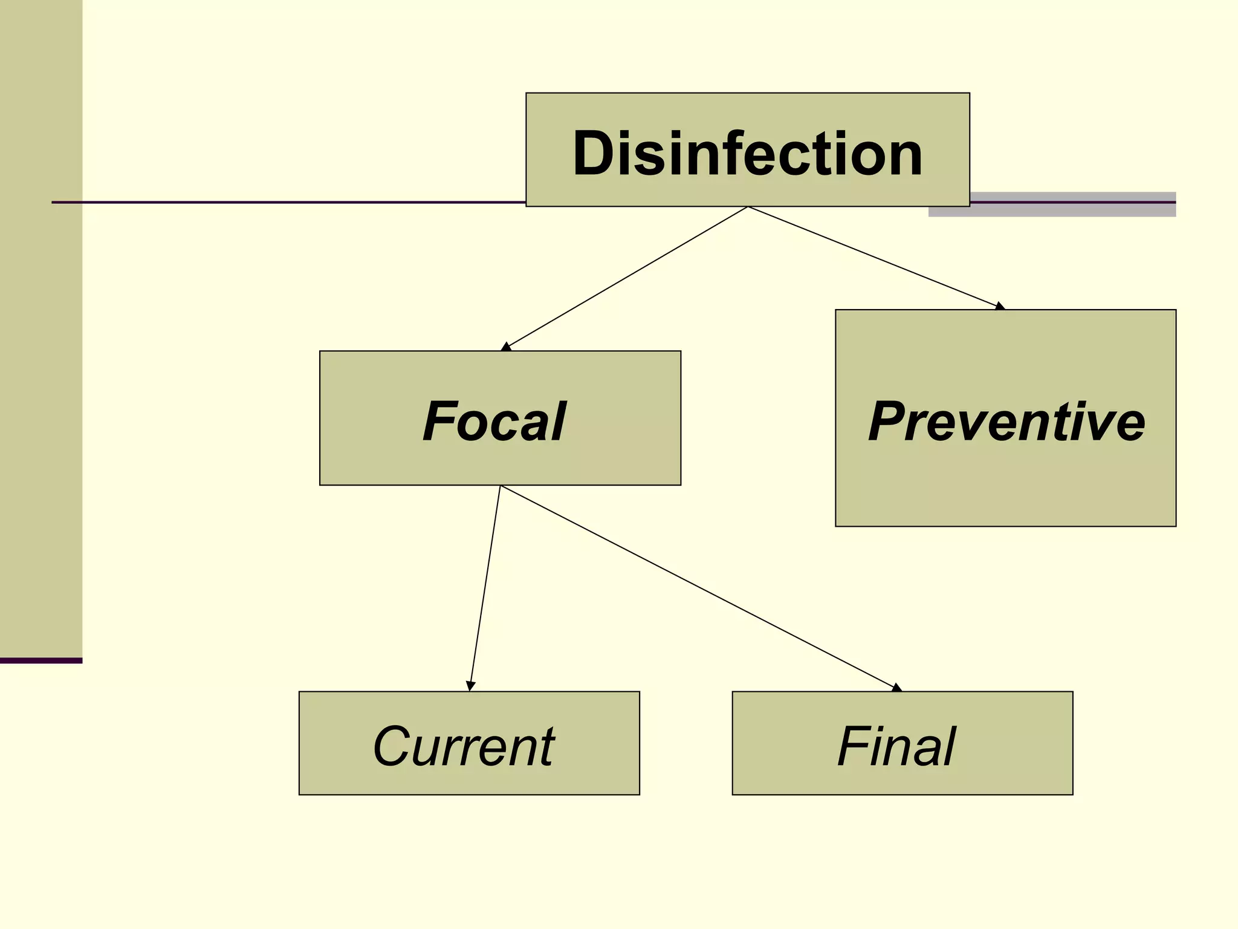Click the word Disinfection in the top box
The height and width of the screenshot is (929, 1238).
pos(748,154)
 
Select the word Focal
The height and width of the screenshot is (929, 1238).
pos(494,422)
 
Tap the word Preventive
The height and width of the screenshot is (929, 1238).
pos(1006,422)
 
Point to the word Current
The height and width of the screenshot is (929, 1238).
pos(464,746)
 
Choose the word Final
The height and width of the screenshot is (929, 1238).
pos(896,746)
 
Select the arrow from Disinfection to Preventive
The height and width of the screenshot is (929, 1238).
pos(877,256)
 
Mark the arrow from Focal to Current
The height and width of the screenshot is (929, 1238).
pos(485,587)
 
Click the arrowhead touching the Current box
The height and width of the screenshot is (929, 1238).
pos(471,686)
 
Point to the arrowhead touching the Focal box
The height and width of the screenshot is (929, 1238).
pos(507,347)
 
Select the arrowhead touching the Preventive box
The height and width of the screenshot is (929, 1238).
pos(1000,306)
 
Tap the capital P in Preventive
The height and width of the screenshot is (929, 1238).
pos(889,422)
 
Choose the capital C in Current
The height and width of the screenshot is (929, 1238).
pos(393,746)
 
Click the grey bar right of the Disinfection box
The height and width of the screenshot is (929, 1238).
pos(1073,204)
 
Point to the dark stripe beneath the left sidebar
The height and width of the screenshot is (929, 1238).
pos(41,660)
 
